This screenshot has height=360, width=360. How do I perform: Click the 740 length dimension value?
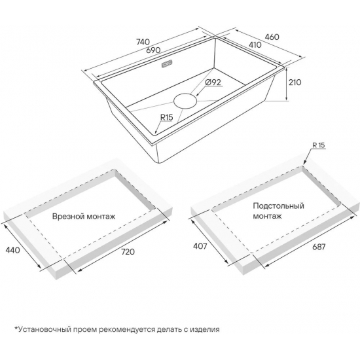(x=143, y=43)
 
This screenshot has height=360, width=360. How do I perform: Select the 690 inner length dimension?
(x=153, y=50)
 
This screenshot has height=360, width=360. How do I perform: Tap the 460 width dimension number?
(x=272, y=37)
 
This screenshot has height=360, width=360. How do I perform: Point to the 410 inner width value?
(x=255, y=45)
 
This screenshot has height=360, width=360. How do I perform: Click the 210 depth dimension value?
(x=295, y=82)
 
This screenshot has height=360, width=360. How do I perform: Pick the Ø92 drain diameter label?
(x=213, y=82)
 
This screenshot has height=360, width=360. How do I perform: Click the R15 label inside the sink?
(x=166, y=117)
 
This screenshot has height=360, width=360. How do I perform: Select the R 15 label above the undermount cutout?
(x=319, y=145)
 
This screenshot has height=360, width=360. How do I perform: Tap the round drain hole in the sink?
(x=185, y=101)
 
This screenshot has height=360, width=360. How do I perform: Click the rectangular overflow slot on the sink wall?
(x=168, y=64)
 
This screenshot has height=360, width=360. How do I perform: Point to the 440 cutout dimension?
(x=12, y=250)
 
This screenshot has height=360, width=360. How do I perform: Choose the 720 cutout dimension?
(x=128, y=252)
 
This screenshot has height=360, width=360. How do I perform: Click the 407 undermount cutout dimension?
(x=200, y=246)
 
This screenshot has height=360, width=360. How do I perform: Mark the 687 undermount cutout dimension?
(x=319, y=247)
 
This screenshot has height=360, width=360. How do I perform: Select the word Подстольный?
(x=278, y=206)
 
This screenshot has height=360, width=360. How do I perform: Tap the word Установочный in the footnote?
(x=45, y=330)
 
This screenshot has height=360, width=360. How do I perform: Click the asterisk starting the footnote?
(x=16, y=328)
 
